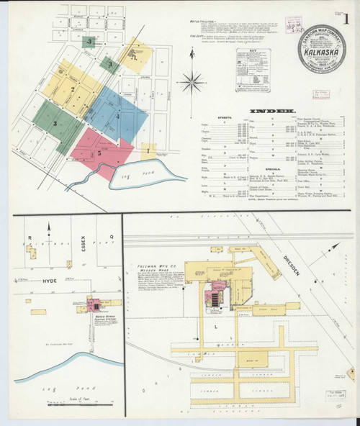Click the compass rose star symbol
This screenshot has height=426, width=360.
pos(192,81)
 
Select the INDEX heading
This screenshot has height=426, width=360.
pos(271,111)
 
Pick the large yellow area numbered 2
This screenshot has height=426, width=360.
pos(73,89)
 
